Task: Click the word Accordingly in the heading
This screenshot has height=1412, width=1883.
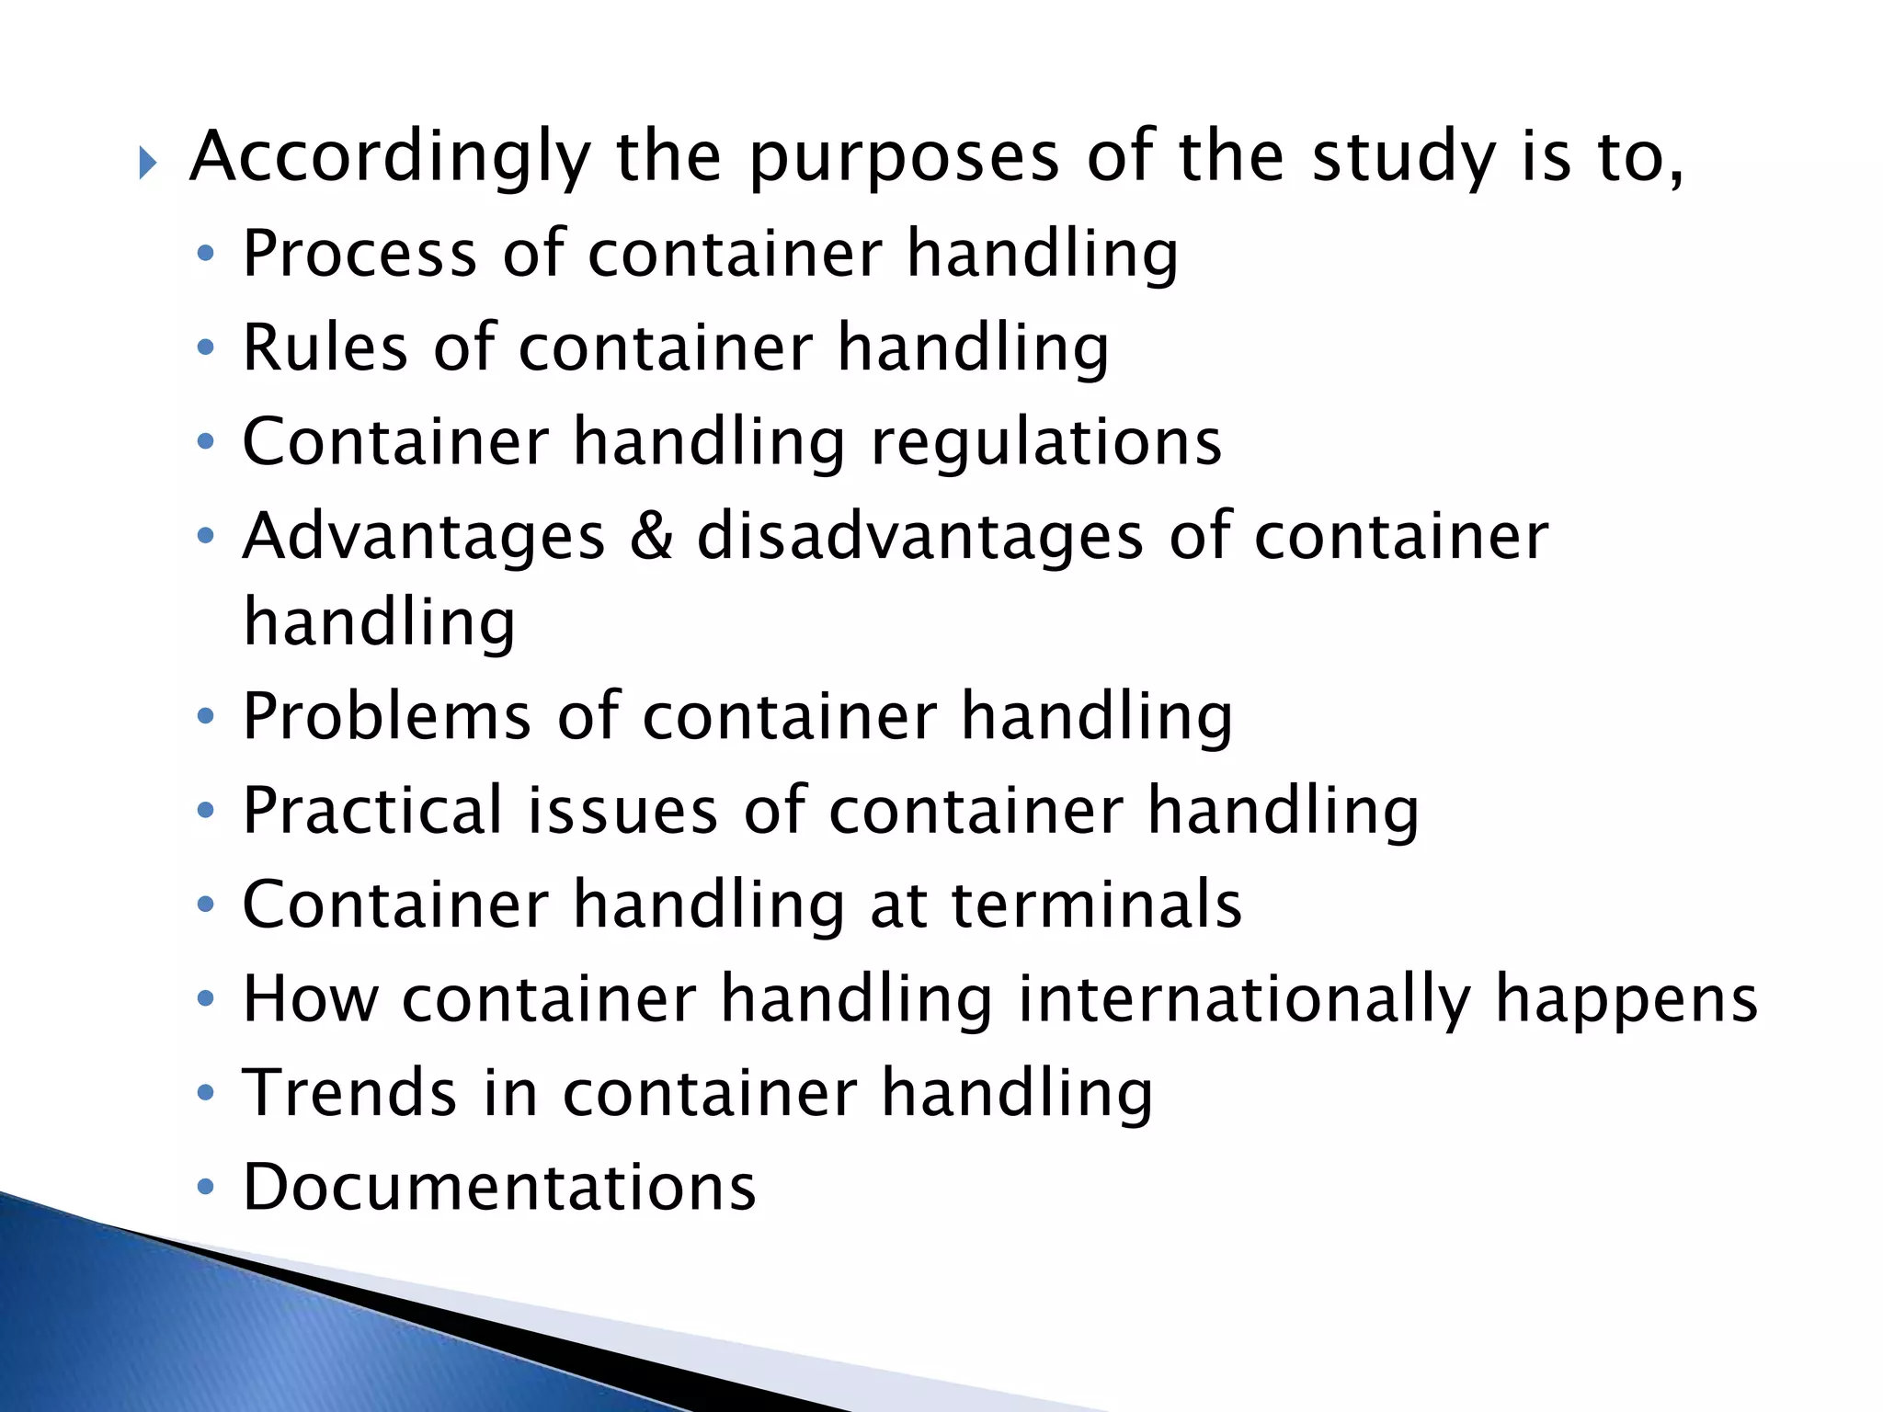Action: (390, 158)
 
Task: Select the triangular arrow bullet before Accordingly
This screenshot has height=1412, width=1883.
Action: (148, 165)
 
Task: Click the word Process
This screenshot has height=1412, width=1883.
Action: (359, 254)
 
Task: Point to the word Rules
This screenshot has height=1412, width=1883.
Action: (325, 348)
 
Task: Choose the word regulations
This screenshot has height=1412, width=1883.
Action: (1046, 443)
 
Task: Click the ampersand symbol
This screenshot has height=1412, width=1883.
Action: (651, 537)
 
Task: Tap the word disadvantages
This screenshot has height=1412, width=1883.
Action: (920, 537)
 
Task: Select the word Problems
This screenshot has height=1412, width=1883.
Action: (387, 717)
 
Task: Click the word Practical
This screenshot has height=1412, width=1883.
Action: (372, 811)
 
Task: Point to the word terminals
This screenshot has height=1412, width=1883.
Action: (1096, 905)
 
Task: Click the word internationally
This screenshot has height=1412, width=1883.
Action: (1244, 1000)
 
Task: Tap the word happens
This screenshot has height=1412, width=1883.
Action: (1626, 1000)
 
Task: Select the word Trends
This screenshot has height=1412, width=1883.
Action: (349, 1094)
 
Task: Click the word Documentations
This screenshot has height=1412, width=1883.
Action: (499, 1188)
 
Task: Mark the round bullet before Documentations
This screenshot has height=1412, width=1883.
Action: (206, 1187)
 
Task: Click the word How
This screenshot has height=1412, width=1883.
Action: (310, 1000)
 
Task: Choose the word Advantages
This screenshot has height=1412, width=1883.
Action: (424, 537)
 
